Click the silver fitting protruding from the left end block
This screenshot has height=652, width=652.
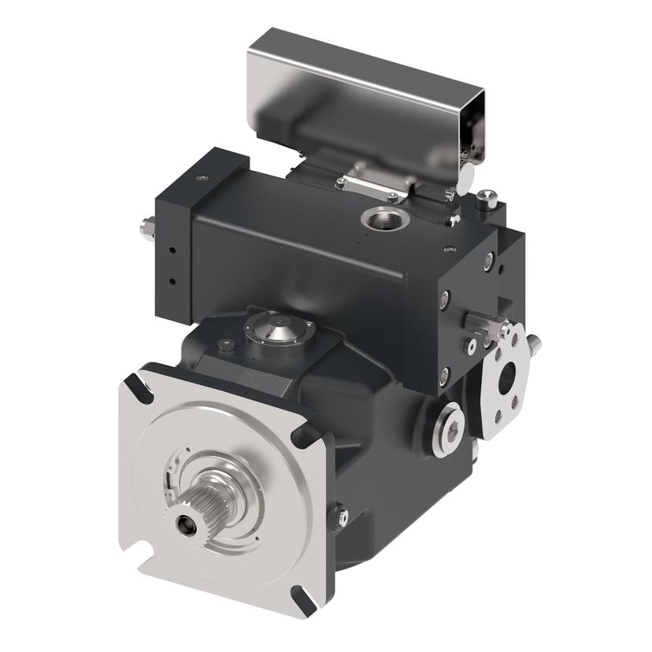pyautogui.click(x=144, y=228)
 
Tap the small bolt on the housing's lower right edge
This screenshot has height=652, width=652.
pyautogui.click(x=342, y=517)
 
